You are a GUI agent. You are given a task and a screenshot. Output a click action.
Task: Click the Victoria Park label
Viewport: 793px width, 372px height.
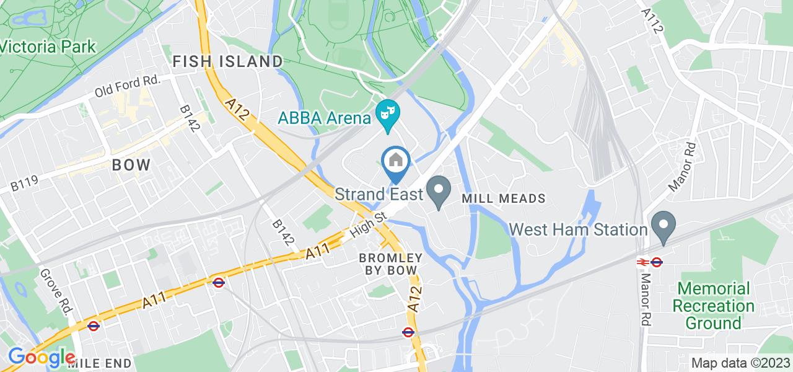(x=48, y=46)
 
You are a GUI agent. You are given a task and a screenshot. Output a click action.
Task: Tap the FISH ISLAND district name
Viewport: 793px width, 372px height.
(x=227, y=61)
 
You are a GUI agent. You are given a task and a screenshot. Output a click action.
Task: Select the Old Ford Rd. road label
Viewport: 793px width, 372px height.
(x=128, y=86)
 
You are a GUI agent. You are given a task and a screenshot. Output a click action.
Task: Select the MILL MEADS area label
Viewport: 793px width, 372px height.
(x=504, y=198)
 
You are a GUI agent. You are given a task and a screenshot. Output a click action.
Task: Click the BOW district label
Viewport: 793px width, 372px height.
(x=131, y=166)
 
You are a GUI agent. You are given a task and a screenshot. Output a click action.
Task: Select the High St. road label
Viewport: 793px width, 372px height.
(x=369, y=225)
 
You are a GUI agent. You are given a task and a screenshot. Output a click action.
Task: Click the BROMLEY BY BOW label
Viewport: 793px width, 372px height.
(x=391, y=263)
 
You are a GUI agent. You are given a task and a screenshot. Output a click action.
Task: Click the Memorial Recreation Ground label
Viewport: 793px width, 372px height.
(x=714, y=306)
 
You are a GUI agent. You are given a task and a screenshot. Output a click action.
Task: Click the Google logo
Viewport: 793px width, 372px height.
(x=41, y=358)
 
